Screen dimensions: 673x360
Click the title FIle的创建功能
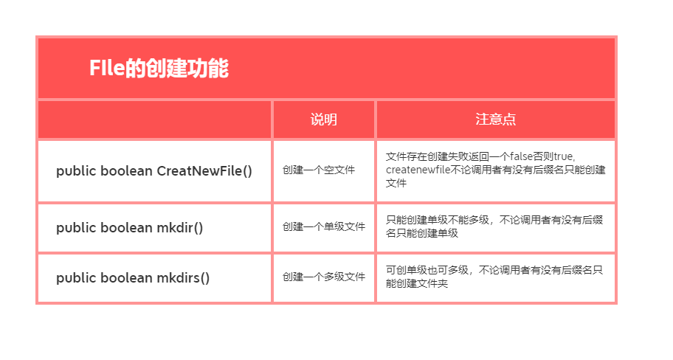click(159, 69)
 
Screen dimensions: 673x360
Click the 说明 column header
click(323, 120)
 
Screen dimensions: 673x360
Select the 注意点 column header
click(495, 120)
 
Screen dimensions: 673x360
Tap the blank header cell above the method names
click(154, 120)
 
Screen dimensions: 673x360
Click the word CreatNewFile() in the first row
click(204, 171)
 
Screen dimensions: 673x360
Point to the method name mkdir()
click(180, 228)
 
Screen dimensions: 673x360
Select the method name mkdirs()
click(184, 278)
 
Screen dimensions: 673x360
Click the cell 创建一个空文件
click(318, 170)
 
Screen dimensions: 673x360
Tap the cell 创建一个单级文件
click(323, 227)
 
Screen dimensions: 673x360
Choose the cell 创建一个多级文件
click(323, 277)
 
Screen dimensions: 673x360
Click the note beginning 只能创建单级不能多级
click(494, 226)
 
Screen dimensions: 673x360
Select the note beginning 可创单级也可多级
click(494, 277)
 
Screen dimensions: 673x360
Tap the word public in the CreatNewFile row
click(75, 171)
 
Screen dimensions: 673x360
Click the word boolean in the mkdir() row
click(127, 228)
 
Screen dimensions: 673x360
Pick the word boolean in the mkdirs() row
click(127, 278)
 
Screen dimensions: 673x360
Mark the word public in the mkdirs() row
click(75, 278)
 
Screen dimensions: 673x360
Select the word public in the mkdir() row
click(75, 228)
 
